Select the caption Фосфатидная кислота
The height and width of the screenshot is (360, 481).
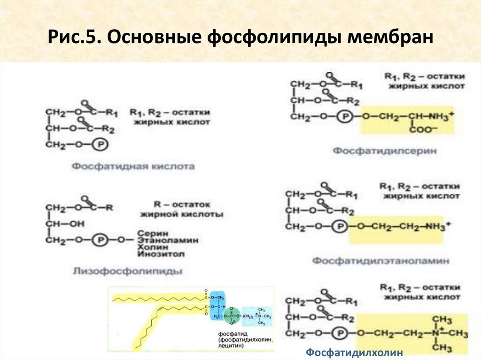[133, 167]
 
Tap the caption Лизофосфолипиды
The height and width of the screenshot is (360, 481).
[127, 271]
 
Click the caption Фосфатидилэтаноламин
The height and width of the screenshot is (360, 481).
[381, 260]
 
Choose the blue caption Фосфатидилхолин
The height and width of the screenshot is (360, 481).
[355, 352]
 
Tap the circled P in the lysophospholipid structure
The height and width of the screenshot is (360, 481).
[100, 240]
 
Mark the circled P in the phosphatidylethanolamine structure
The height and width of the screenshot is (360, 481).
[341, 226]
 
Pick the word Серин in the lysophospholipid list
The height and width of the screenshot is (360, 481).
[151, 232]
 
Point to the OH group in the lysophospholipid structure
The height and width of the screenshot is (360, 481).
[76, 224]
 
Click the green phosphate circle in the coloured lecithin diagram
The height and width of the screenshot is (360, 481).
[230, 315]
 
